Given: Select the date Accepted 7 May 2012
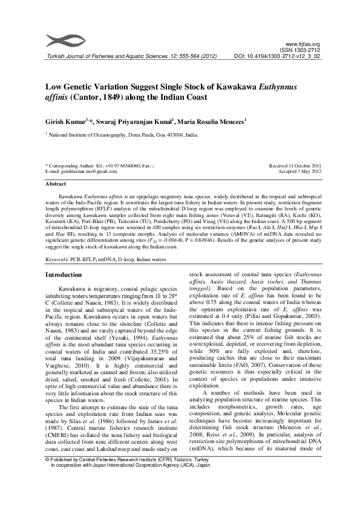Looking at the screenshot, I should pyautogui.click(x=299, y=171).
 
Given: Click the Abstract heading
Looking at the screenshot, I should pyautogui.click(x=56, y=184).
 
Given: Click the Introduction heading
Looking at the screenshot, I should pyautogui.click(x=64, y=274).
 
